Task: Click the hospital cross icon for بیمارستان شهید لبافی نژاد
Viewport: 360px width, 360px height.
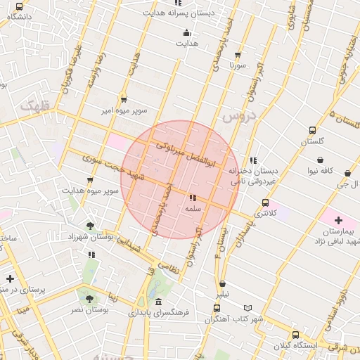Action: pyautogui.click(x=338, y=220)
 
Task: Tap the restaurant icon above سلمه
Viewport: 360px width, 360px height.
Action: pyautogui.click(x=193, y=198)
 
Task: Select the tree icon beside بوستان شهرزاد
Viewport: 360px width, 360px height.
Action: pyautogui.click(x=89, y=226)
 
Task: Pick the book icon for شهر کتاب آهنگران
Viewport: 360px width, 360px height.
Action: pyautogui.click(x=247, y=308)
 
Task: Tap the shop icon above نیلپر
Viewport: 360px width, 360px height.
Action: pyautogui.click(x=222, y=283)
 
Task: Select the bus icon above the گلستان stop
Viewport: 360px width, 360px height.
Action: pyautogui.click(x=313, y=130)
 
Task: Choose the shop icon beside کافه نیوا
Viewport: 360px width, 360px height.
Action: pyautogui.click(x=347, y=173)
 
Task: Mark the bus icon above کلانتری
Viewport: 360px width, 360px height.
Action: pyautogui.click(x=264, y=202)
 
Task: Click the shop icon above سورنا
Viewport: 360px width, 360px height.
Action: pyautogui.click(x=238, y=54)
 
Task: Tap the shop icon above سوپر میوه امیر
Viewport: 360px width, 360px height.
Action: pyautogui.click(x=124, y=100)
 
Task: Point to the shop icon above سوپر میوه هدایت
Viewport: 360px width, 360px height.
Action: pyautogui.click(x=90, y=180)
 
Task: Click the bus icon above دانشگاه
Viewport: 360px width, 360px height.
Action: pyautogui.click(x=19, y=6)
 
